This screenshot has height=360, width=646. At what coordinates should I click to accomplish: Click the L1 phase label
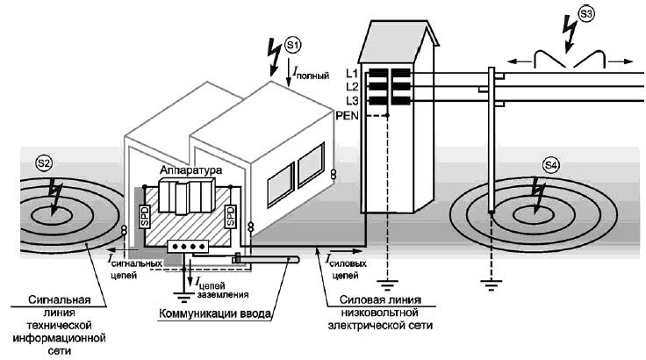[352, 72]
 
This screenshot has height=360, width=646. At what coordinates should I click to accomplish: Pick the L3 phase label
[352, 101]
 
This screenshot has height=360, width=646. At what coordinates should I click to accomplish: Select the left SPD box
[144, 215]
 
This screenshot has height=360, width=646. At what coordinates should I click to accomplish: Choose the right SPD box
[230, 215]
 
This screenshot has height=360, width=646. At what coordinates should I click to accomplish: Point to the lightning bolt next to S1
[275, 55]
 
